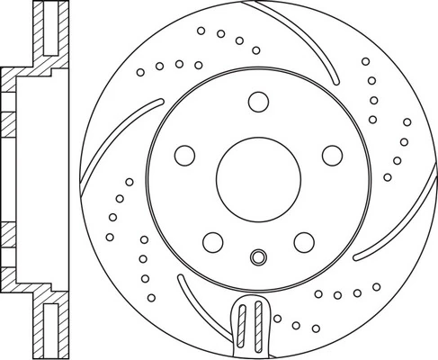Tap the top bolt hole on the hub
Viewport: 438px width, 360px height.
point(259,101)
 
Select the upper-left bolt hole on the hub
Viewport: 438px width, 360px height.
point(183,155)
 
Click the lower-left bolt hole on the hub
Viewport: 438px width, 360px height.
point(213,241)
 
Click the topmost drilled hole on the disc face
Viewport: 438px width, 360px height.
point(202,29)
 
